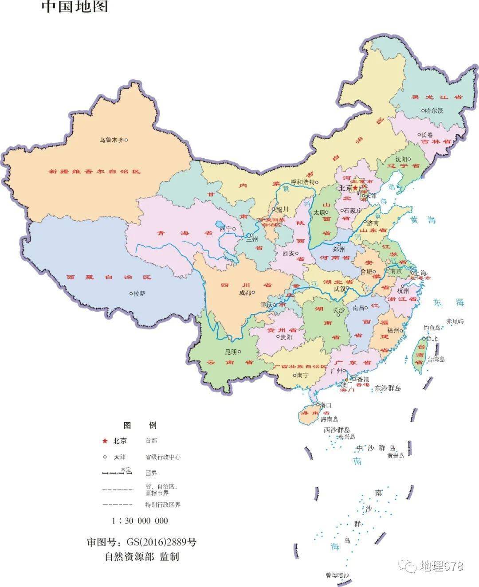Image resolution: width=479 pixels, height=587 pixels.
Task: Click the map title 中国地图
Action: coord(75,7)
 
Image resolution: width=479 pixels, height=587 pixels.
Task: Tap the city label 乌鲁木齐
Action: coord(111,140)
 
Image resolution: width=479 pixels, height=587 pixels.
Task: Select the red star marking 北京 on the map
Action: coord(355,188)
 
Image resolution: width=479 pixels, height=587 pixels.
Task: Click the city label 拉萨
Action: coord(139,293)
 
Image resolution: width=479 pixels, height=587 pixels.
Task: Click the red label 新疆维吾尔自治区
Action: coord(94,171)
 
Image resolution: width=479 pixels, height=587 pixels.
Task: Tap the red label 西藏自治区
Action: coord(109,277)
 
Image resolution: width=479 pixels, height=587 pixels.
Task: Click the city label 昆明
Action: coord(231,352)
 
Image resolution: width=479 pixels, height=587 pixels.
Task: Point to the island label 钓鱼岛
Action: coord(431,328)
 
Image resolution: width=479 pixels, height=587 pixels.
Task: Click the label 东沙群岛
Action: coord(388,388)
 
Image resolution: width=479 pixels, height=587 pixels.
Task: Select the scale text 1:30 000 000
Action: coord(140,520)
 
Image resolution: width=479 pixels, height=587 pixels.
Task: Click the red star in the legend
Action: coord(105,441)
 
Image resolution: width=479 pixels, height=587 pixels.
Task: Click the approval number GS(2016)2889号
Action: coord(141,542)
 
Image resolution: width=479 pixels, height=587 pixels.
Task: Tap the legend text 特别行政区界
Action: coord(162,505)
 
